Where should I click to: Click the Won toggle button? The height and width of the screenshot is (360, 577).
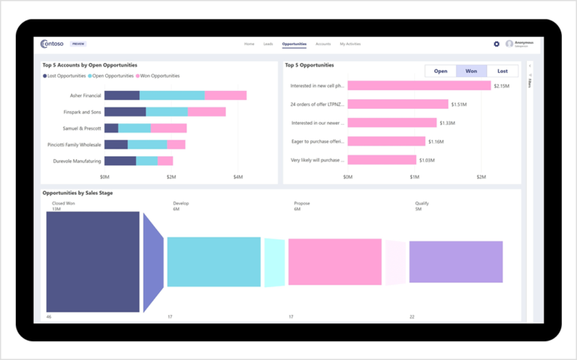coord(471,71)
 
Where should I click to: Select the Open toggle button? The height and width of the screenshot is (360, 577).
coord(440,71)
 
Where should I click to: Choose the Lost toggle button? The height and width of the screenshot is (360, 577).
coord(503,71)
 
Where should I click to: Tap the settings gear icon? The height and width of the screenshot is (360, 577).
coord(497,44)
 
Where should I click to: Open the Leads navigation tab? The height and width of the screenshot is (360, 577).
coord(268,44)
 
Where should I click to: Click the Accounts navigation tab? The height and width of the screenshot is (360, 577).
coord(323,44)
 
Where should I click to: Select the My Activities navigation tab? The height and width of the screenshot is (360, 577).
coord(350,44)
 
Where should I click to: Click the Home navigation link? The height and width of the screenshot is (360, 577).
coord(249,44)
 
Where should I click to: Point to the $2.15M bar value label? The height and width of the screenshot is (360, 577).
coord(502,86)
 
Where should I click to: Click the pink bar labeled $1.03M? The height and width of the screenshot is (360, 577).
coord(382,159)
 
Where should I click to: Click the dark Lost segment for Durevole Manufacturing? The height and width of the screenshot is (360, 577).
coord(120,161)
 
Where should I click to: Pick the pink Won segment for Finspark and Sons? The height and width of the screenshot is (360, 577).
coord(207,112)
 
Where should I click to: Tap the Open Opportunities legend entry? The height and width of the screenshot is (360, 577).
coord(113,76)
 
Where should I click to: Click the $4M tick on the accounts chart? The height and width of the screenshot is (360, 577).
coord(238,177)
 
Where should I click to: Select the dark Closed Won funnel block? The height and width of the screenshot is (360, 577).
coord(93,262)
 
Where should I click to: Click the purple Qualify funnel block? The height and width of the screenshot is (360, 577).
coord(455,262)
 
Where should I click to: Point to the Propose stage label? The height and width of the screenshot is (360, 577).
coord(302,203)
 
